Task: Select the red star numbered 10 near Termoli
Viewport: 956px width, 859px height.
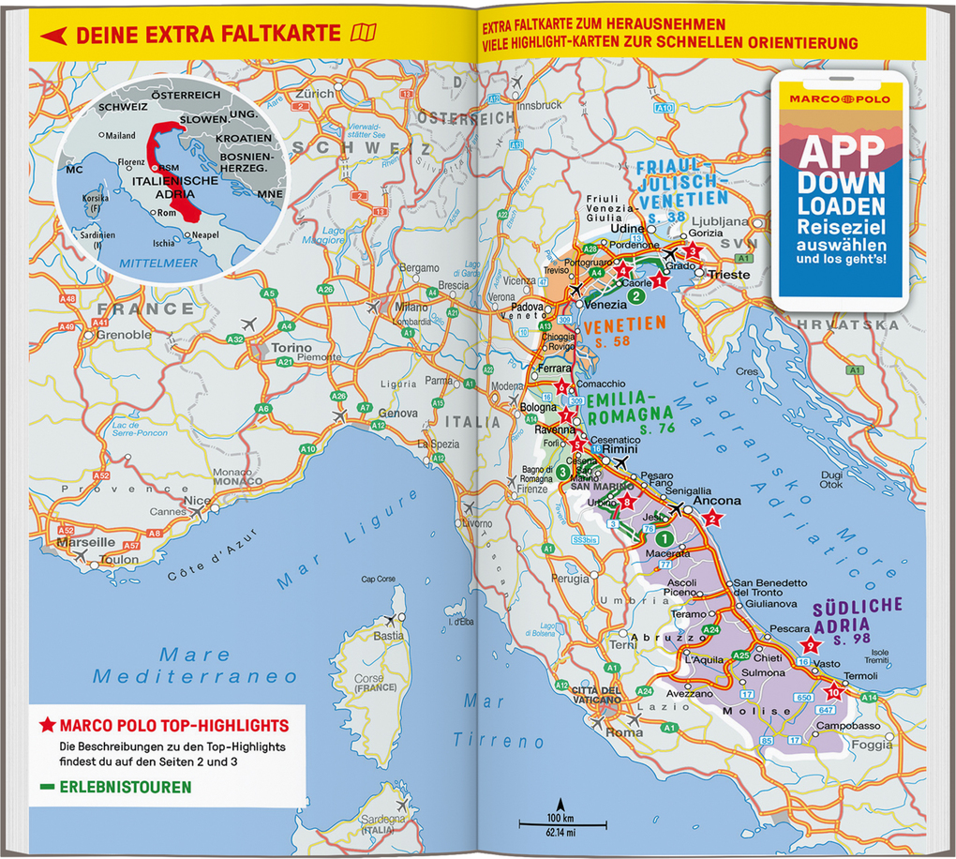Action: (x=834, y=693)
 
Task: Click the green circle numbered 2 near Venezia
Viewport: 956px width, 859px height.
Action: (x=635, y=297)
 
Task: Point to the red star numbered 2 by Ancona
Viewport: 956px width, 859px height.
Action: (x=712, y=518)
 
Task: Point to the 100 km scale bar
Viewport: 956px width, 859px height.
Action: (x=563, y=822)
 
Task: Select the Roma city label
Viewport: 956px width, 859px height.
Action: (x=624, y=732)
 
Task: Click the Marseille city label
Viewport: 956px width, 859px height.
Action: (x=85, y=542)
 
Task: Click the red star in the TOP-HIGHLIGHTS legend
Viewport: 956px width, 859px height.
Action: (x=47, y=726)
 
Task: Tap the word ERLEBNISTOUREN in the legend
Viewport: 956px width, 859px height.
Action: (x=125, y=788)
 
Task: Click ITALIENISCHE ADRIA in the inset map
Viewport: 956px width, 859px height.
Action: (x=174, y=186)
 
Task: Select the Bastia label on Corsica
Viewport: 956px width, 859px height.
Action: (x=389, y=635)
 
